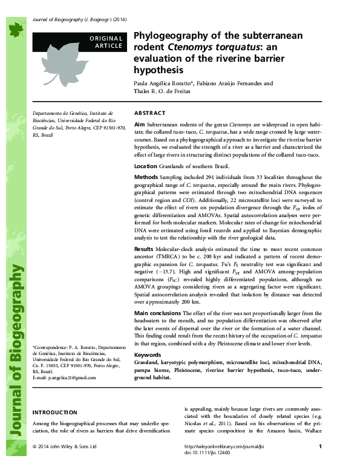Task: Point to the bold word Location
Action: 146,165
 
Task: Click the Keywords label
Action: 148,354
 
